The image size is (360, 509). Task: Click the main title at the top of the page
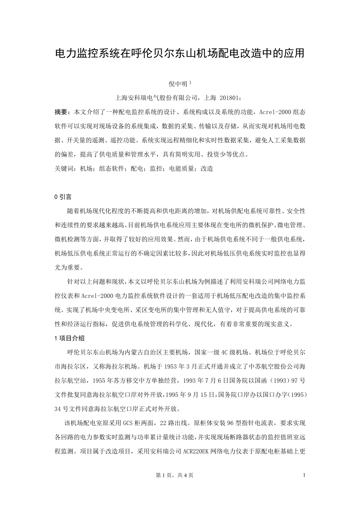(180, 54)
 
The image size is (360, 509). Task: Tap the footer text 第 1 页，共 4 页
(174, 486)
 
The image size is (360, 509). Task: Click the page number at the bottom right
(304, 486)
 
